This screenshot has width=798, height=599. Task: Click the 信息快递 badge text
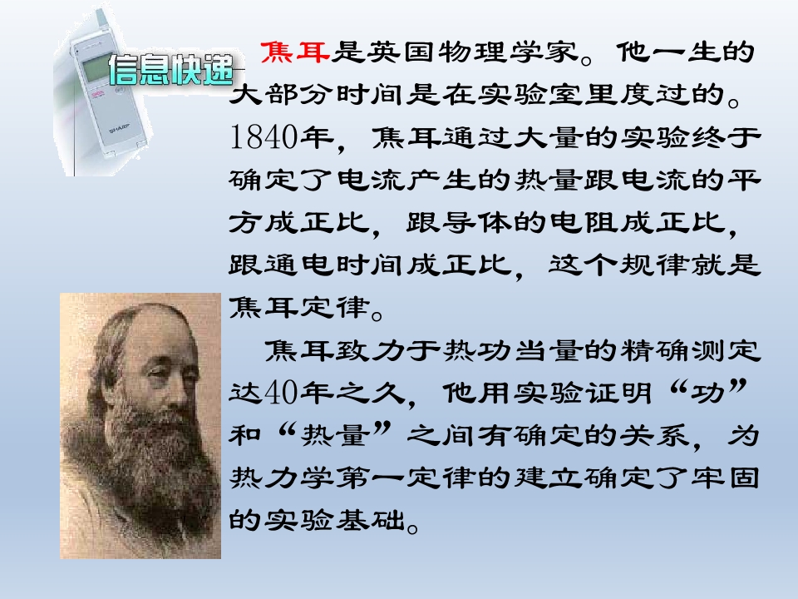click(x=170, y=71)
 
